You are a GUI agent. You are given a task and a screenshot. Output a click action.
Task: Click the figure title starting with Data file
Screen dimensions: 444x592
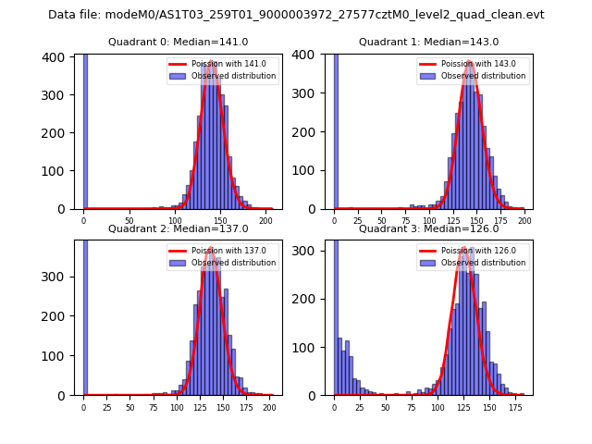296,15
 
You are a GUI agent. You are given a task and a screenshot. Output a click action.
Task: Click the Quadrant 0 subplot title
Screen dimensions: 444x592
178,42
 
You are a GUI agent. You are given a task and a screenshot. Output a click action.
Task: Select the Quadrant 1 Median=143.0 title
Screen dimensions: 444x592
428,42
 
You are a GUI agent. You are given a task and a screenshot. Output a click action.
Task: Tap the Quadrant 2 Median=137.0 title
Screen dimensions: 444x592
178,228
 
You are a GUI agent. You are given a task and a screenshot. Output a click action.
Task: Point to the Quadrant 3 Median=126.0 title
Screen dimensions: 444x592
428,228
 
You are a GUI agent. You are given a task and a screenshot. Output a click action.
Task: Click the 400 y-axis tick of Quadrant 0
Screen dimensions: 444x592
56,57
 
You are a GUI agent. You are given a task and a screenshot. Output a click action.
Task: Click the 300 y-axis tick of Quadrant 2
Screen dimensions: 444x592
56,277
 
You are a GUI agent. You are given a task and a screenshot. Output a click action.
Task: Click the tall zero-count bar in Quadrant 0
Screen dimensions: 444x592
85,129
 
